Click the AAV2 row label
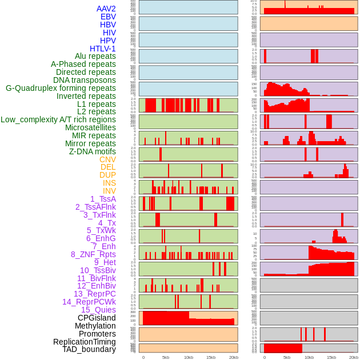point(106,9)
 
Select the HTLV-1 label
point(103,49)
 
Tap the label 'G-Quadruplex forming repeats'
point(61,88)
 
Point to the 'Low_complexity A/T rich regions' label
point(58,119)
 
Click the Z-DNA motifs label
point(93,151)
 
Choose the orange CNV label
point(107,159)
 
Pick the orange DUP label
point(107,175)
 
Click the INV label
point(109,191)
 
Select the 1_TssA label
point(103,199)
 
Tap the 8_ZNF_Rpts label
point(93,254)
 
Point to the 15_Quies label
point(98,310)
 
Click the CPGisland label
point(97,318)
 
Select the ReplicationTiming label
point(85,342)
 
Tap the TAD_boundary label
point(89,349)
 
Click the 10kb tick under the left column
point(188,357)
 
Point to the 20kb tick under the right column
point(354,357)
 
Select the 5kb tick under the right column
point(286,357)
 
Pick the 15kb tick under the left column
point(210,357)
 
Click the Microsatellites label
point(90,127)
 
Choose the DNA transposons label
point(85,80)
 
